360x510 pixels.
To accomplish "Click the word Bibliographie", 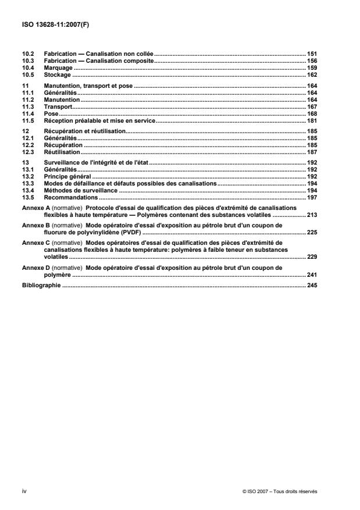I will (41, 286).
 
